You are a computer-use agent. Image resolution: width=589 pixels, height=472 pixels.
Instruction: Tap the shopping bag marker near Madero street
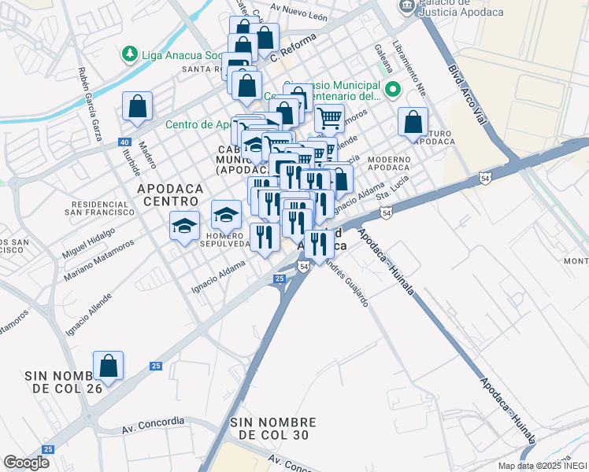coord(137,106)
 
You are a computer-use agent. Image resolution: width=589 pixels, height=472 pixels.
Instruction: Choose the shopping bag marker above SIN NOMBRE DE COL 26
coord(108,366)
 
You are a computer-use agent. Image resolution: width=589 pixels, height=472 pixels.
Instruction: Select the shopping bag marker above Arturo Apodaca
coord(413,122)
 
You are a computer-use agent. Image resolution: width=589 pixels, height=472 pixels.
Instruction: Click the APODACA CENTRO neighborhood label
coord(170,195)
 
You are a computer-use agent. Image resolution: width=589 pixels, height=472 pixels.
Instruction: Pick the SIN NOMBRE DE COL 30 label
coord(273,429)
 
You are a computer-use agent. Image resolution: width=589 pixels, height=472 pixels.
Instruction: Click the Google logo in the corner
coord(26,463)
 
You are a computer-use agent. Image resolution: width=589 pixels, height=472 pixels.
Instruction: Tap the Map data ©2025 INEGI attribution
coord(542,466)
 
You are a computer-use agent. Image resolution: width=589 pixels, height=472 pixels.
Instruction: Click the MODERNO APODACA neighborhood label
coord(388,164)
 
